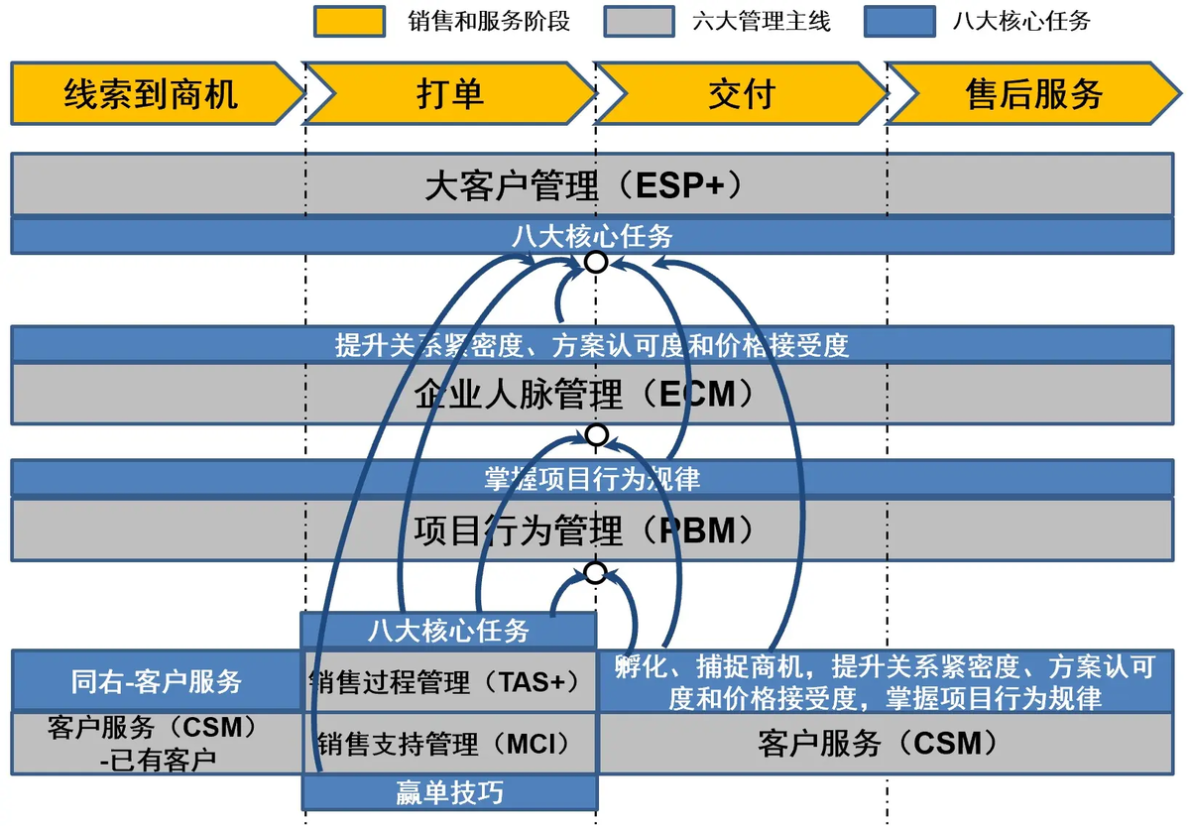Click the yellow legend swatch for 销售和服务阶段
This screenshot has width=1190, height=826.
pos(349,21)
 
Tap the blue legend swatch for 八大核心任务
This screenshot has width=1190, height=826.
pos(899,21)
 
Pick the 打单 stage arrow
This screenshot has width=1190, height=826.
pos(450,93)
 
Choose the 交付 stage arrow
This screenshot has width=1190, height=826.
pos(742,93)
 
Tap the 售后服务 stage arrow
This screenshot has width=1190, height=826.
pos(1034,93)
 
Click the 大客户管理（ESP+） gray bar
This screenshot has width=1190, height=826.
pos(592,184)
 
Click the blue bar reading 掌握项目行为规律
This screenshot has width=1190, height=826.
pos(592,478)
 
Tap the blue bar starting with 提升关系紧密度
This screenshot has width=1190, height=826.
pos(592,344)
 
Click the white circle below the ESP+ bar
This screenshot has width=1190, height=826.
pos(596,262)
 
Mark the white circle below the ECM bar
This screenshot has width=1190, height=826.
pos(596,434)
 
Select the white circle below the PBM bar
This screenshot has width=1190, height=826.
pos(596,572)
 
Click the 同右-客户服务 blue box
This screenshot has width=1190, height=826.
pos(156,681)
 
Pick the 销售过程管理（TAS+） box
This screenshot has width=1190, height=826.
pos(449,682)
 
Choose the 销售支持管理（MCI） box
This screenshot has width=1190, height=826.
pos(449,743)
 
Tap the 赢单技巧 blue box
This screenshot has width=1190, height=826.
pos(449,792)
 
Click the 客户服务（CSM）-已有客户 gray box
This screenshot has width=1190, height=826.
pos(156,743)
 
